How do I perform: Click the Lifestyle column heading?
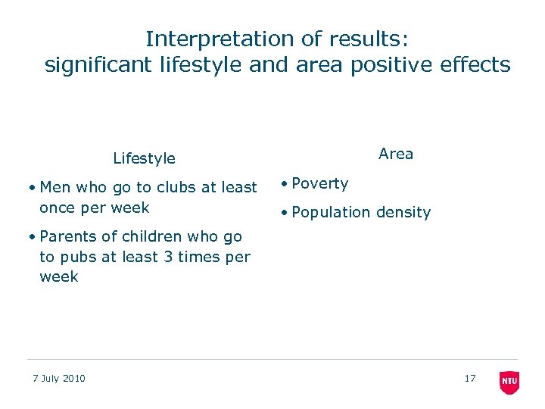[144, 158]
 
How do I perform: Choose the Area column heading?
[396, 154]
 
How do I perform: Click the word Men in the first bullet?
[55, 187]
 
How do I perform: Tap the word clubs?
[177, 187]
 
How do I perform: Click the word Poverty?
[320, 183]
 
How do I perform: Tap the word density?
[403, 213]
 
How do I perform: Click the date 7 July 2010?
[59, 379]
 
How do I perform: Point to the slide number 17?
[470, 378]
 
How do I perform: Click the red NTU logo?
[509, 382]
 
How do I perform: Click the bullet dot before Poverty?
[283, 184]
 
